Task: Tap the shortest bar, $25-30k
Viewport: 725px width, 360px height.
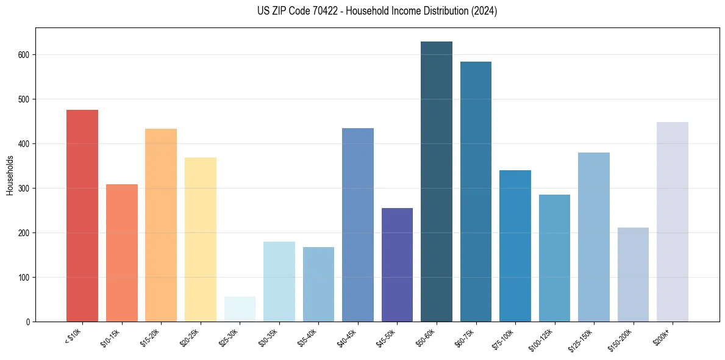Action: pos(240,309)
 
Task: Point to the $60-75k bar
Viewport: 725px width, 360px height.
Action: pos(476,192)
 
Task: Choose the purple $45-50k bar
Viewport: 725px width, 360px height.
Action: pos(397,265)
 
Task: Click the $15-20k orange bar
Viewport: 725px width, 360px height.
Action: pos(161,225)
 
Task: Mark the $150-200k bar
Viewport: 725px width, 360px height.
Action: pos(633,275)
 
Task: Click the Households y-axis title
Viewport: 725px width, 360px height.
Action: pos(10,175)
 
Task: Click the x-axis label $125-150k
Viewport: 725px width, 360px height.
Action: pos(581,340)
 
